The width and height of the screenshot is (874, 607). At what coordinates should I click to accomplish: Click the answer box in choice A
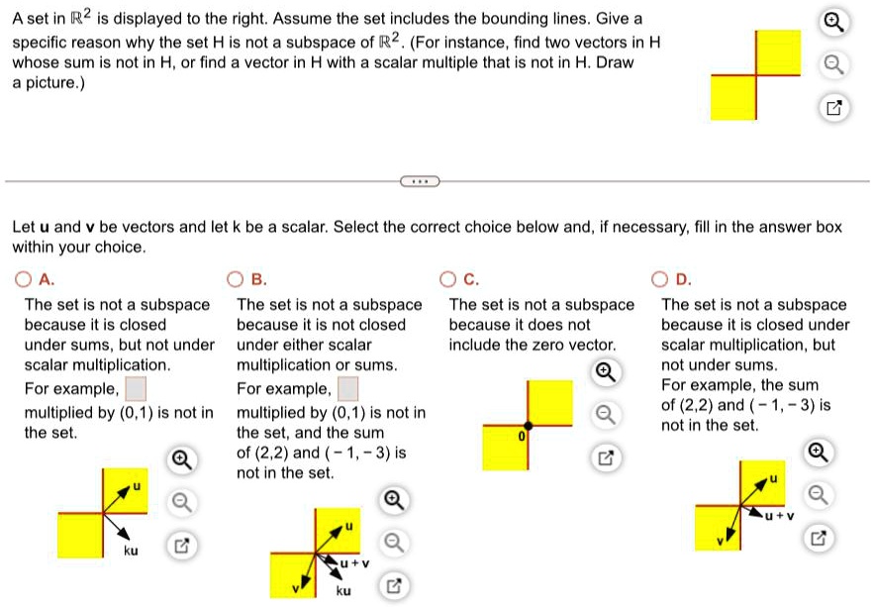[136, 387]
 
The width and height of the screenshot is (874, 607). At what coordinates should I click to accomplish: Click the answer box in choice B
[348, 387]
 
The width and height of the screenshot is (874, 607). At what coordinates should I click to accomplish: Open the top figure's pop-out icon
[833, 108]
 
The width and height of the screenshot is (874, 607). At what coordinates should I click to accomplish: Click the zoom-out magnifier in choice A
[179, 502]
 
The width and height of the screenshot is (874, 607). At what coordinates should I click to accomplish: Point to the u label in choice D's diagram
[775, 478]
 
